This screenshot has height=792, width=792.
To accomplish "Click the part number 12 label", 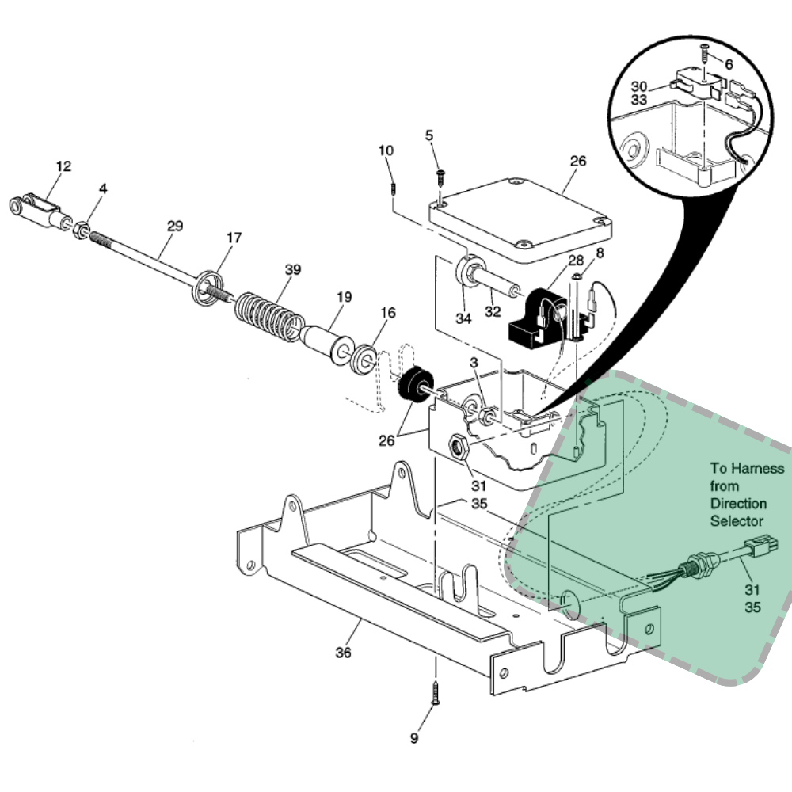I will click(x=63, y=166).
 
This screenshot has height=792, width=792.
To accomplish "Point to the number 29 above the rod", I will click(x=175, y=227).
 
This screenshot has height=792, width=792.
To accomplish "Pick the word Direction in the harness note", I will click(x=738, y=504).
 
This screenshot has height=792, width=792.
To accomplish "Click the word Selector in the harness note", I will click(x=737, y=521).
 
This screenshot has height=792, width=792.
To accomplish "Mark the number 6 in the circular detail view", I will click(x=729, y=64).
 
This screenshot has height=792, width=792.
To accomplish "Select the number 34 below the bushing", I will click(x=463, y=318).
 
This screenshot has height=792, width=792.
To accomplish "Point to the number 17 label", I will click(x=234, y=238).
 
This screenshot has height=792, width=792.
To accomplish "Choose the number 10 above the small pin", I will click(x=386, y=150).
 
